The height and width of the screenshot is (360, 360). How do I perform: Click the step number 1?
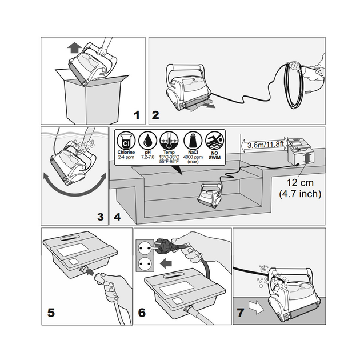(x=137, y=115)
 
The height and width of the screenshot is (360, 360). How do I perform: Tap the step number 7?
(x=241, y=313)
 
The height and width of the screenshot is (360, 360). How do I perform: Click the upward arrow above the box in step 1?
(x=75, y=49)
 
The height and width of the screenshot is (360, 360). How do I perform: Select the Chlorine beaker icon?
(x=126, y=141)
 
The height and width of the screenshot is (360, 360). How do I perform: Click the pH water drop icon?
(x=147, y=141)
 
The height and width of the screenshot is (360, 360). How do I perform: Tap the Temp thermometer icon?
(x=169, y=141)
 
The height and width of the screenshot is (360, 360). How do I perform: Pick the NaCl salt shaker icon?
(x=193, y=141)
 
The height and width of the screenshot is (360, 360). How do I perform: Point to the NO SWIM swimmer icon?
(x=214, y=141)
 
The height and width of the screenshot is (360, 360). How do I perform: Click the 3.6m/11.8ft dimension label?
(x=266, y=145)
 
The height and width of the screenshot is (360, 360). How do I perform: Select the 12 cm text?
(x=300, y=183)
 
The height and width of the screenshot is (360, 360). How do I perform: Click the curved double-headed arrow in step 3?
(x=75, y=189)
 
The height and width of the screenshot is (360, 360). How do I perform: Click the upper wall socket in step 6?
(x=145, y=248)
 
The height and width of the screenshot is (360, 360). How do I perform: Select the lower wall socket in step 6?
(x=145, y=263)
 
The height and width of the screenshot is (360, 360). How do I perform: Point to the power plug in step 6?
(x=166, y=243)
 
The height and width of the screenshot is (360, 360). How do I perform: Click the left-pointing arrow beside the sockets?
(x=166, y=263)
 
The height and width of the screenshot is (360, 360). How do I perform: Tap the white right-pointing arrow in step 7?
(x=256, y=307)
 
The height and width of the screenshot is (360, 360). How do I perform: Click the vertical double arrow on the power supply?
(x=307, y=158)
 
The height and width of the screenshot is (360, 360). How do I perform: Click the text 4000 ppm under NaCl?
(x=193, y=157)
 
